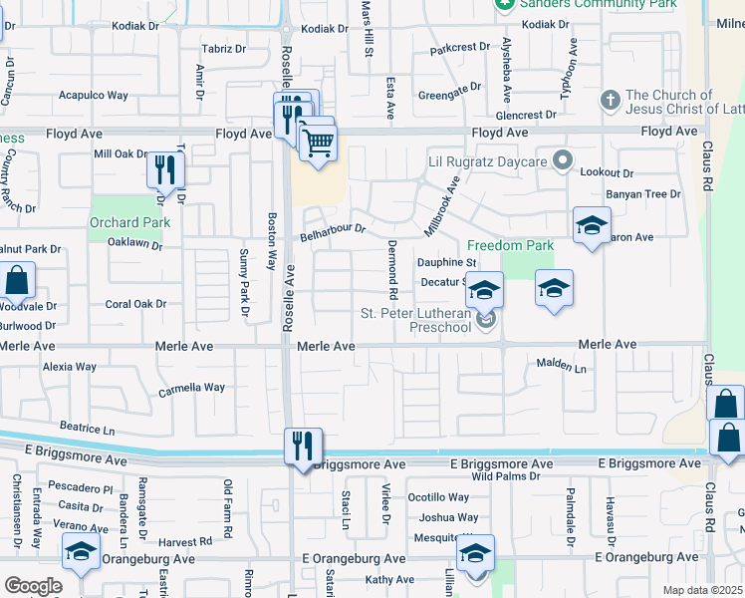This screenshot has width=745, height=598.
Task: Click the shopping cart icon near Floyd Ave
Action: (x=318, y=142)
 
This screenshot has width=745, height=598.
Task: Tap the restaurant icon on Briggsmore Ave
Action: (x=302, y=446)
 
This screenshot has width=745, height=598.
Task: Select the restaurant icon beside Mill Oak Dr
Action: (x=165, y=170)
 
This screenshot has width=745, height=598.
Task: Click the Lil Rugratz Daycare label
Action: (x=488, y=161)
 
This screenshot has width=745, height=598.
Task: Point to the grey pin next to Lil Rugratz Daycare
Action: (x=564, y=160)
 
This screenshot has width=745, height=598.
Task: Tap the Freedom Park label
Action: (x=511, y=245)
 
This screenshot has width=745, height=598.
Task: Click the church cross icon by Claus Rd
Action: (x=611, y=101)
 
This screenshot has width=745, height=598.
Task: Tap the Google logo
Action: (x=33, y=585)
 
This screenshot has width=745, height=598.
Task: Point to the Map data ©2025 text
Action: (x=702, y=590)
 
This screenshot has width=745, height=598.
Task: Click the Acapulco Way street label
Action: (x=94, y=96)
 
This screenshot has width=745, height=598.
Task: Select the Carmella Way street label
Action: (x=191, y=388)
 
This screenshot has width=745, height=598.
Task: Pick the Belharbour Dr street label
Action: (x=333, y=232)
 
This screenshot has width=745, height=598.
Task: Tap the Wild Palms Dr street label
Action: (x=507, y=476)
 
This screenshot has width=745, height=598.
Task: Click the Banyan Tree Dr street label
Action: (x=642, y=194)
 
